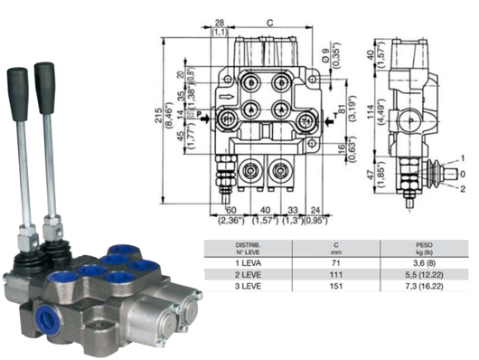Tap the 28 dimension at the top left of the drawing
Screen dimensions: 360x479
click(x=220, y=23)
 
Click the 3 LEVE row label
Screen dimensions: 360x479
click(x=249, y=284)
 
